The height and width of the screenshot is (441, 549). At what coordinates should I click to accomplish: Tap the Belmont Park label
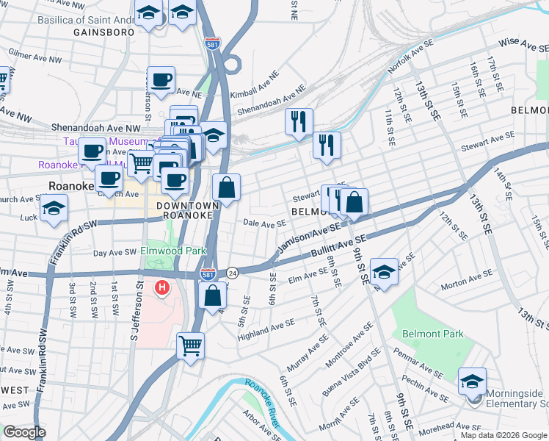pos(432,334)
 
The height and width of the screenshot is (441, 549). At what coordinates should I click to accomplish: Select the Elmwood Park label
pos(173,251)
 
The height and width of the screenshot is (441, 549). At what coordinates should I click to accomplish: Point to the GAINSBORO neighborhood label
pos(103,33)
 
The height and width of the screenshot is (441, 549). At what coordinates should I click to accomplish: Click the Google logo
pos(24,431)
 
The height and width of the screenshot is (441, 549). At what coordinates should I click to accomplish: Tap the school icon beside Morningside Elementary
pos(472,381)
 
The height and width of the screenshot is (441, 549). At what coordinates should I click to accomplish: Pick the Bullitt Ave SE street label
pos(340,246)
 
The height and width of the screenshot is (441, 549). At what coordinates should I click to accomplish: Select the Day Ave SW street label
pos(114,252)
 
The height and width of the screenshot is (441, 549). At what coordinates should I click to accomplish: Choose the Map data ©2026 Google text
pos(503,434)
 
